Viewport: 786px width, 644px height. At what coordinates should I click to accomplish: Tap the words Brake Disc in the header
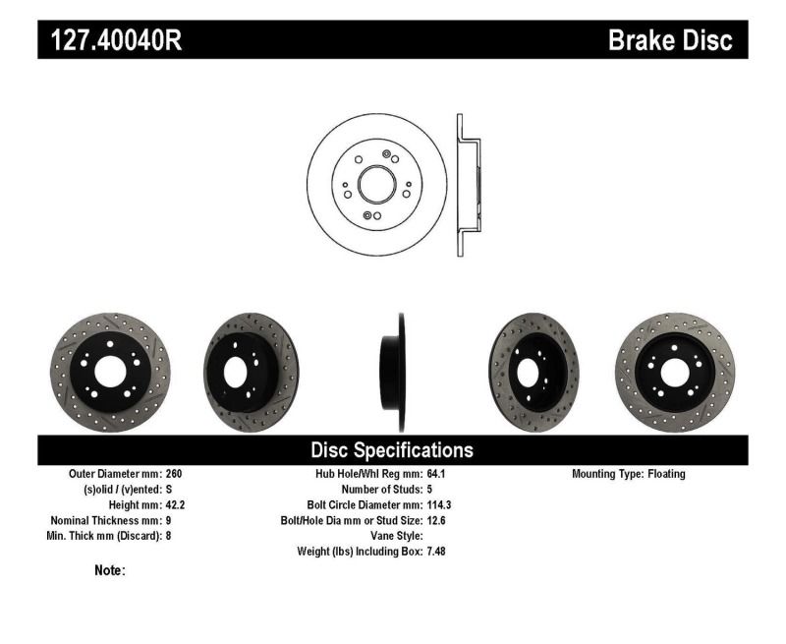[x=670, y=40]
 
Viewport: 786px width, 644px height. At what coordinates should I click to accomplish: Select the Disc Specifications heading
[x=392, y=450]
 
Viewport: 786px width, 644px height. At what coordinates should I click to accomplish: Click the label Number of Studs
[x=382, y=489]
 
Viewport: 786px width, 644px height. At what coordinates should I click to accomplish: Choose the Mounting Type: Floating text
[x=629, y=474]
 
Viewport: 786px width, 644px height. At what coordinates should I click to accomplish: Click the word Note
[x=109, y=570]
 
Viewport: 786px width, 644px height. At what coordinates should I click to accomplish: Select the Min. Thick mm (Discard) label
[x=106, y=536]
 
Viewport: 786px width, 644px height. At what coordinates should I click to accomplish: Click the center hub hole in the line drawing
[x=376, y=184]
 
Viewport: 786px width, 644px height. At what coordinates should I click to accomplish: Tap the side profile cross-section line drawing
[x=468, y=186]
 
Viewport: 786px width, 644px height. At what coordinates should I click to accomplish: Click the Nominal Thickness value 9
[x=170, y=520]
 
